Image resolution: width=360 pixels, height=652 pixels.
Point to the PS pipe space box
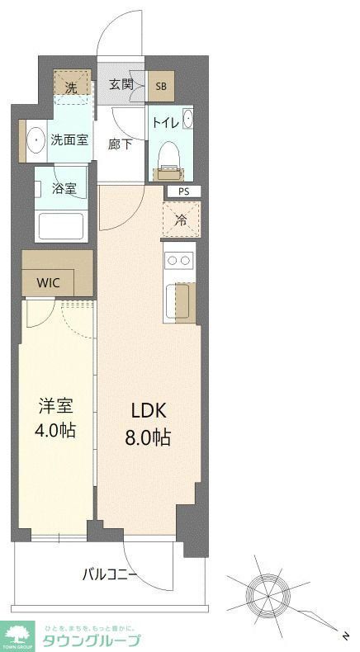pos(182,191)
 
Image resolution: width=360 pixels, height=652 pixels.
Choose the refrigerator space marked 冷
pos(179,220)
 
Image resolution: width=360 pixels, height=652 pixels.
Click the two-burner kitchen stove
pos(178,260)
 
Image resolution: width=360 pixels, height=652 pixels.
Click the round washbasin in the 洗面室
pos(36,140)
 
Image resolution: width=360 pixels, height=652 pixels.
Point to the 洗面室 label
pos(69,140)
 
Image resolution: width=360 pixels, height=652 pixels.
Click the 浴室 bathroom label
pos(65,188)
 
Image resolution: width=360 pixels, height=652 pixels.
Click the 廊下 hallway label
pos(121,144)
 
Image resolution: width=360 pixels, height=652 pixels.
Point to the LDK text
pos(149,410)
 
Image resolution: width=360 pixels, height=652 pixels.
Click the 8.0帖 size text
pos(149,438)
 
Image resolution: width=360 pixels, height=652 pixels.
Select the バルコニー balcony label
pos(109,575)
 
